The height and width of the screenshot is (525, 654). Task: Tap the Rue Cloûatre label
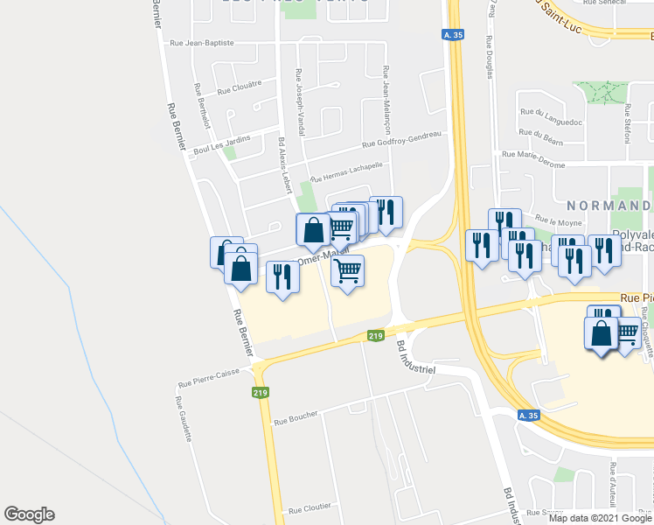[x=240, y=89]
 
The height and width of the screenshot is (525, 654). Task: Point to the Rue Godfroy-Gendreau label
[x=400, y=139]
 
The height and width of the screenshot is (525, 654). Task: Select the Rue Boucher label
[x=296, y=420]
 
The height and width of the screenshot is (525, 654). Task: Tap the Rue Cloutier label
[x=310, y=508]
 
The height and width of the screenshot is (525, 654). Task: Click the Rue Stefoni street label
[x=626, y=121]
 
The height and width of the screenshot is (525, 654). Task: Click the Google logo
[x=29, y=514]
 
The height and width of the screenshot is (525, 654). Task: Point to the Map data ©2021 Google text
[x=601, y=518]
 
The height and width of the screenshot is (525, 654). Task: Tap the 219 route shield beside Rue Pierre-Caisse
[x=260, y=394]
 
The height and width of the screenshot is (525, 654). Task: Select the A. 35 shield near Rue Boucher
[x=527, y=416]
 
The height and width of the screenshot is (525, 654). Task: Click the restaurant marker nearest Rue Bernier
[x=282, y=278]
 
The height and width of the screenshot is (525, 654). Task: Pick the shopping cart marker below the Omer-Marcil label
[x=348, y=272]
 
